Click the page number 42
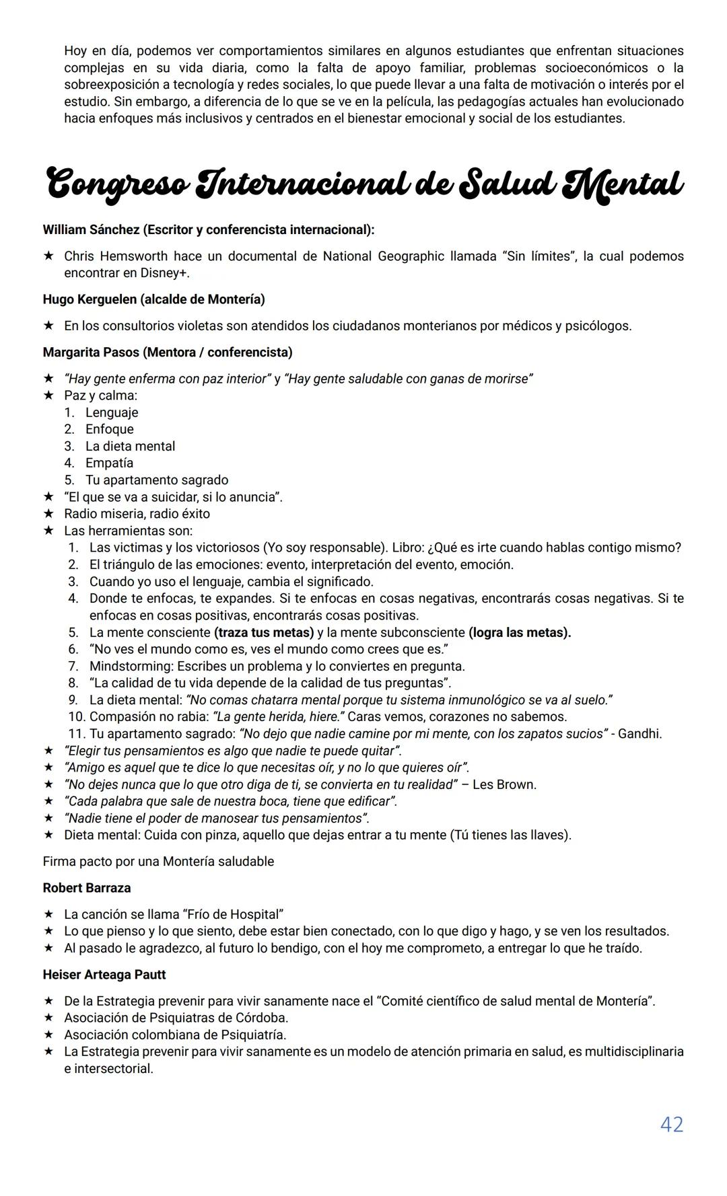[x=671, y=1124]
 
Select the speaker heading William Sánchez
[x=91, y=230]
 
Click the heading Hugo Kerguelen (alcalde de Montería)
[x=153, y=299]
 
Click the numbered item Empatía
[x=109, y=463]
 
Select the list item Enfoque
[x=109, y=429]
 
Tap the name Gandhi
[x=639, y=734]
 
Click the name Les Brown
[x=504, y=784]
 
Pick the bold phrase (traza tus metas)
[x=264, y=632]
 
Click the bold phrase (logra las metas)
[x=519, y=632]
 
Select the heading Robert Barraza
[x=87, y=888]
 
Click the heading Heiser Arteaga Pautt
[x=104, y=975]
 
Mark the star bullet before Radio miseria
[x=48, y=514]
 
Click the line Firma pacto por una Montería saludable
[x=158, y=862]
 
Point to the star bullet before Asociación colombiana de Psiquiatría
[x=48, y=1035]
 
